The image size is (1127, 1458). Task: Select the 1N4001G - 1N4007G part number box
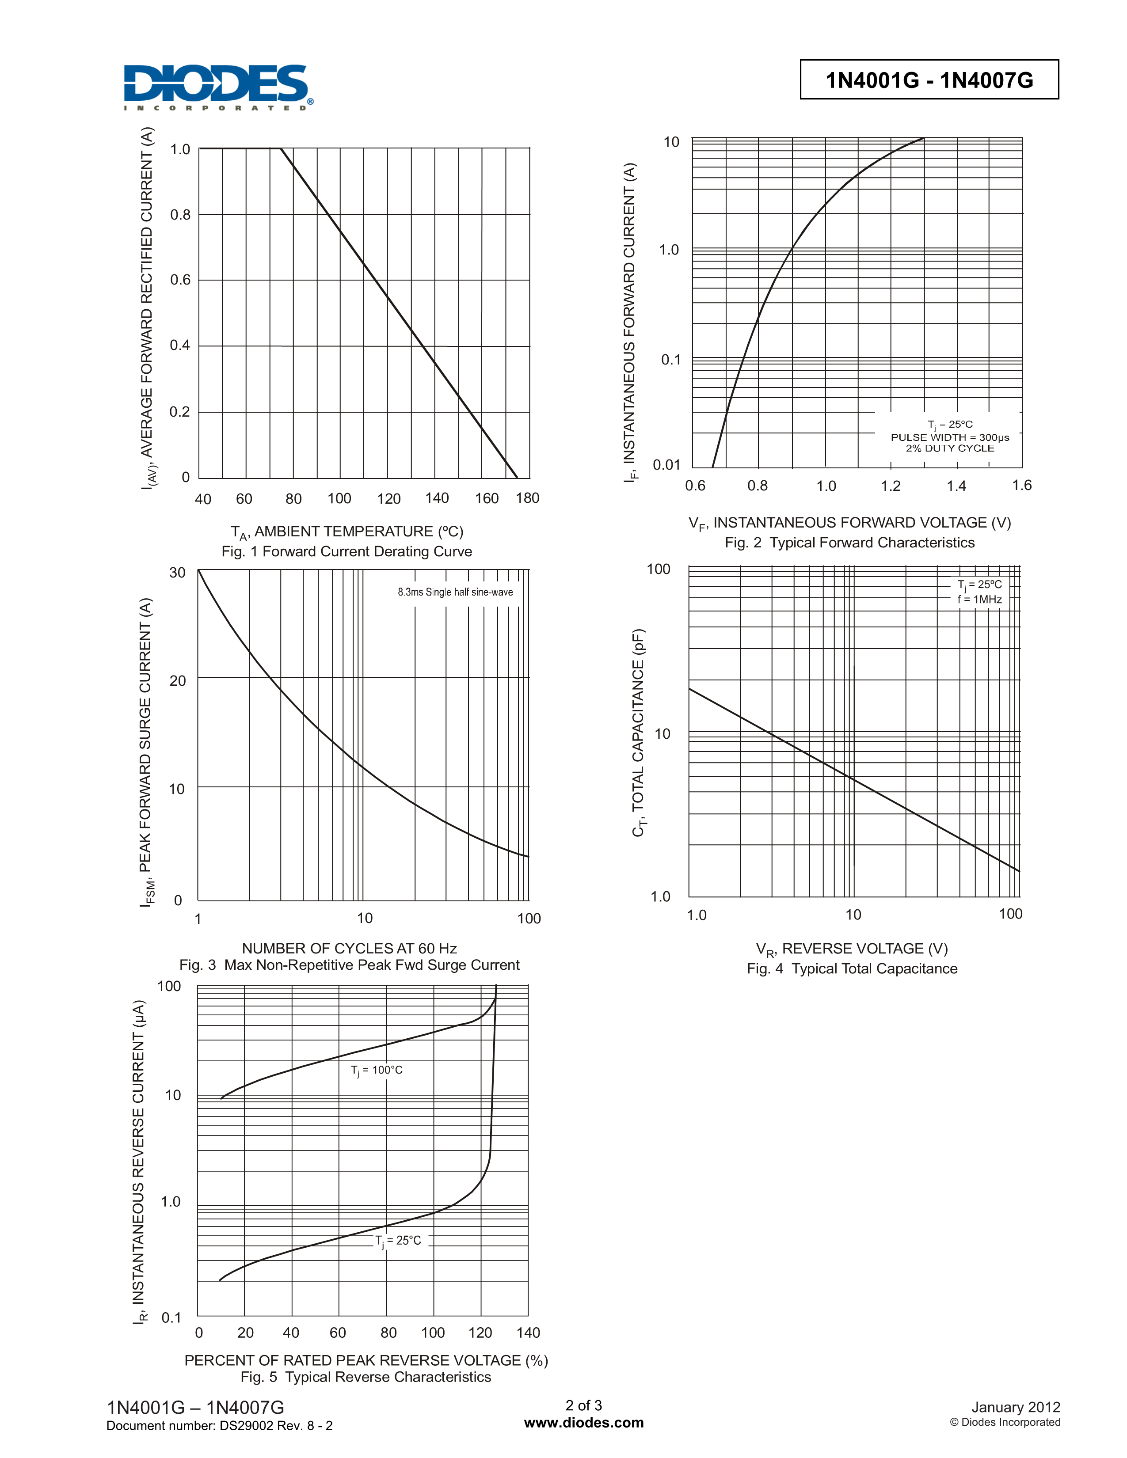(x=929, y=80)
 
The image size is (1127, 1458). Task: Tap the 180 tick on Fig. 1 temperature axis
(x=527, y=498)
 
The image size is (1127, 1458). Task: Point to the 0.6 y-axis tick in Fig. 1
(x=180, y=280)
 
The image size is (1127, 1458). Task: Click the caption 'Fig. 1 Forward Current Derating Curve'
(x=346, y=551)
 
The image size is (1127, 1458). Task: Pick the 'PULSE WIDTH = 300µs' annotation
(x=949, y=437)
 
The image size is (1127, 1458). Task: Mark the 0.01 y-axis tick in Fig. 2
(x=666, y=465)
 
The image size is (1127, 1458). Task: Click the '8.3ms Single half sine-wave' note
(x=455, y=592)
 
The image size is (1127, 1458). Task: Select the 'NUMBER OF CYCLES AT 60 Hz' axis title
(x=349, y=948)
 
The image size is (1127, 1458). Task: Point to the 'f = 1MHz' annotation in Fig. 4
(x=979, y=600)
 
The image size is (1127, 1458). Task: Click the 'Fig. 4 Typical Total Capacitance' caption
(x=852, y=968)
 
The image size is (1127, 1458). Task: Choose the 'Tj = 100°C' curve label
(x=377, y=1070)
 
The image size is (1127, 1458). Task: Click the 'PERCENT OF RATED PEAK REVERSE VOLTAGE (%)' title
(x=366, y=1360)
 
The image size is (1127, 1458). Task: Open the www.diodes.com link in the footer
(x=583, y=1423)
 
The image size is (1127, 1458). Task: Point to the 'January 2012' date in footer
(x=1016, y=1407)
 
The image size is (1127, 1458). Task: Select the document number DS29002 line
(x=220, y=1426)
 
